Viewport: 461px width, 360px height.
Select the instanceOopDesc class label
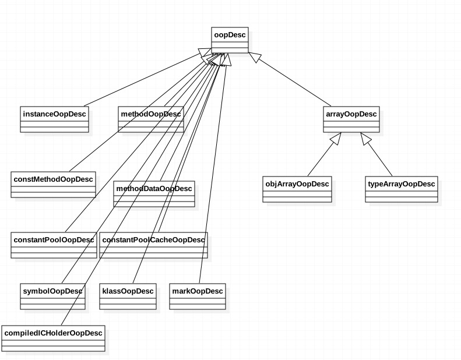pyautogui.click(x=55, y=114)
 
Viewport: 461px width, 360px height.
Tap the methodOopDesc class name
pyautogui.click(x=151, y=114)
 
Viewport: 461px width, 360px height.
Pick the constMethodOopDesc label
pyautogui.click(x=53, y=179)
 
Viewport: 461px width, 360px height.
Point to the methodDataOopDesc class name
pyautogui.click(x=154, y=189)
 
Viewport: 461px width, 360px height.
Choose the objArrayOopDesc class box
pyautogui.click(x=297, y=184)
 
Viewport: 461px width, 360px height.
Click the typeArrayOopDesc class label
pyautogui.click(x=402, y=184)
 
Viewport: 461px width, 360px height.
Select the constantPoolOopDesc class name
pyautogui.click(x=54, y=240)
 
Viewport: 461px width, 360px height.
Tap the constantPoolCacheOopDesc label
pyautogui.click(x=154, y=240)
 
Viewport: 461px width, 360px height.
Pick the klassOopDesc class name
pyautogui.click(x=128, y=291)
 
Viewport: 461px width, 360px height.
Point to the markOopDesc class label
pyautogui.click(x=198, y=291)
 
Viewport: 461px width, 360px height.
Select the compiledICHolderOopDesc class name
pyautogui.click(x=53, y=333)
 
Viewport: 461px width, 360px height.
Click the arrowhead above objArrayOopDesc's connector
pyautogui.click(x=335, y=139)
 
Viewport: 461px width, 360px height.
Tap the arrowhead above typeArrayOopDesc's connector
pyautogui.click(x=365, y=139)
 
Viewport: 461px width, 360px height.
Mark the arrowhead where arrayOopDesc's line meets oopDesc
pyautogui.click(x=254, y=58)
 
